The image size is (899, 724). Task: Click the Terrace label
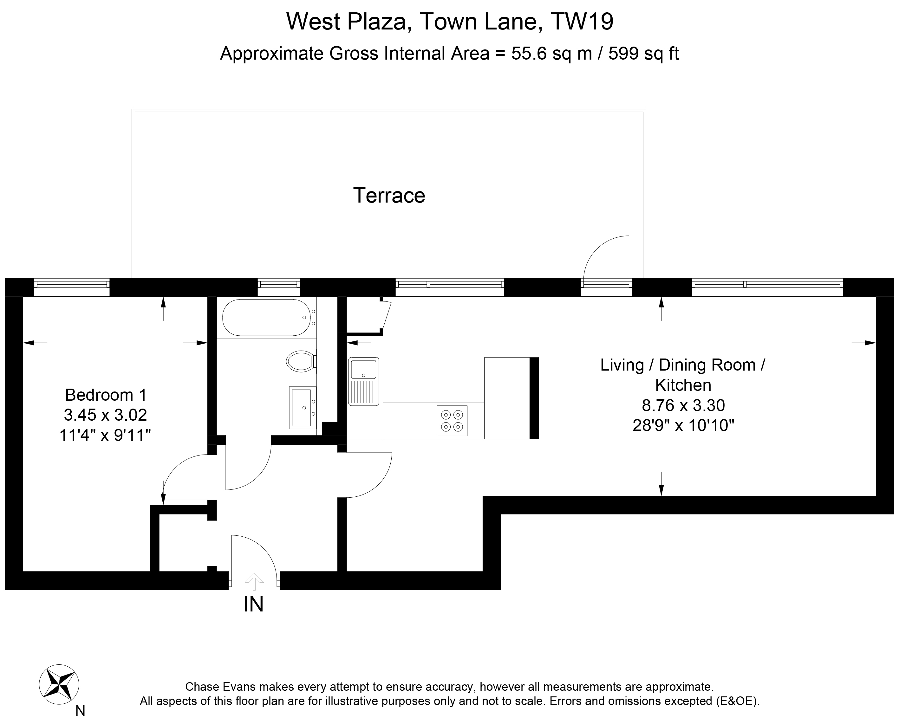coord(389,195)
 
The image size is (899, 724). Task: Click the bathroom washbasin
coord(303,407)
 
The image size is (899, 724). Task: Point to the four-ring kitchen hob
coord(452,420)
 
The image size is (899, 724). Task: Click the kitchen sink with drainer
coord(364,381)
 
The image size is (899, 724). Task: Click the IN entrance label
coord(254,604)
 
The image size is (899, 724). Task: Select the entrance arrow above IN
coord(254,582)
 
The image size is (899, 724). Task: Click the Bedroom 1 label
coord(106,395)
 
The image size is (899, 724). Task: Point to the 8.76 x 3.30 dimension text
coord(683,405)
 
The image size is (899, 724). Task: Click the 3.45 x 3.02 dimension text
coord(106,415)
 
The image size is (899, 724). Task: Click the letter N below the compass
coord(80,711)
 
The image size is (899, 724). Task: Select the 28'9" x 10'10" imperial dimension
coord(683,426)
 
